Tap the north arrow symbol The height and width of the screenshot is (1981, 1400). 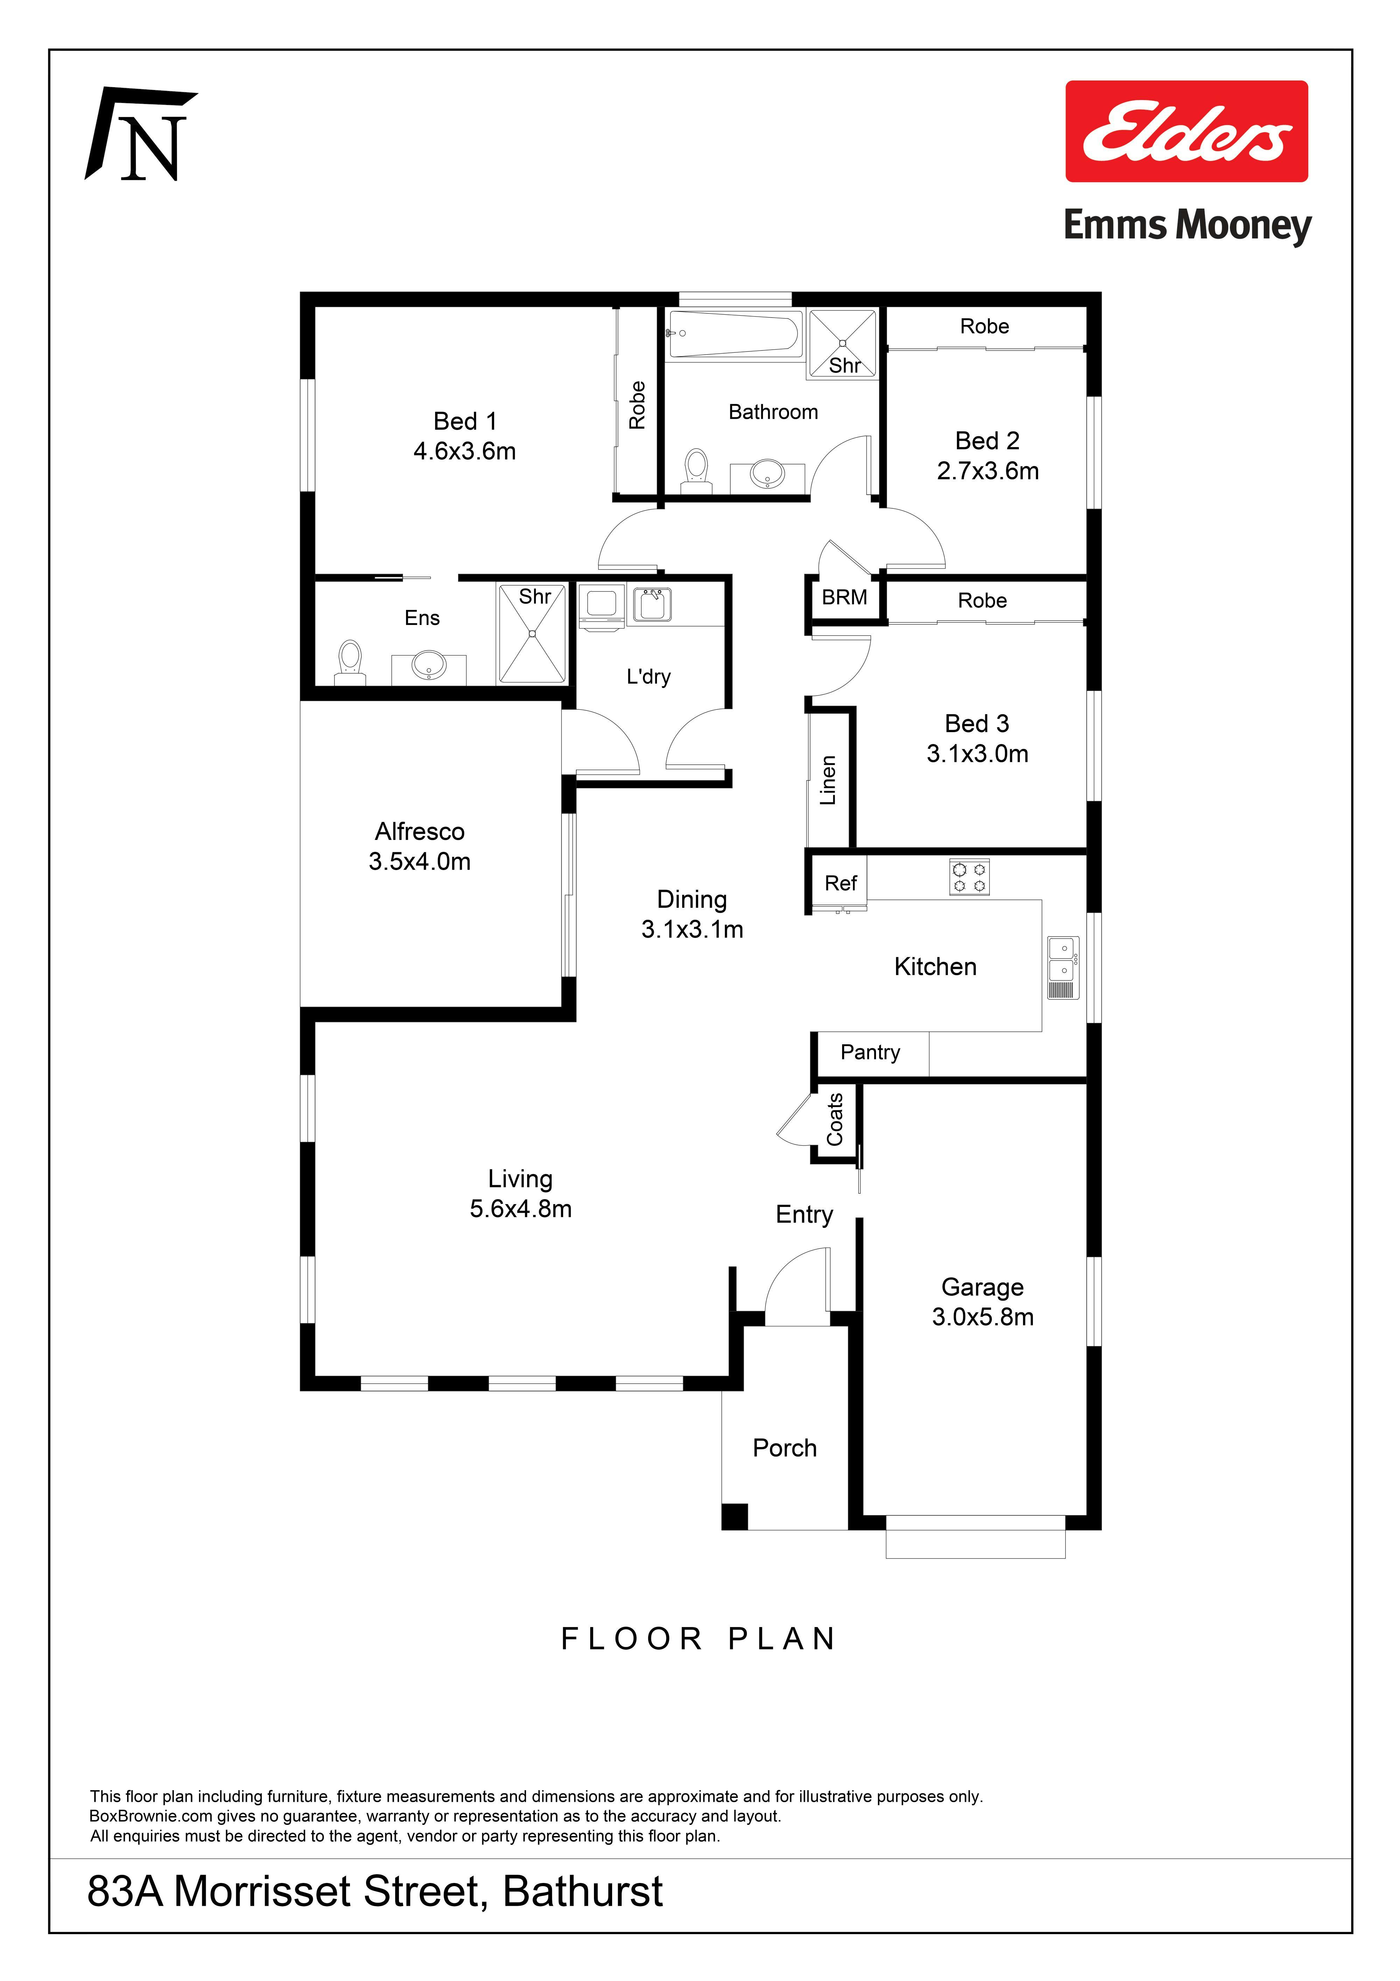pyautogui.click(x=141, y=134)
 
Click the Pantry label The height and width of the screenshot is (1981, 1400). pyautogui.click(x=870, y=1052)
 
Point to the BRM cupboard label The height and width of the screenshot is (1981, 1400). pyautogui.click(x=845, y=597)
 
